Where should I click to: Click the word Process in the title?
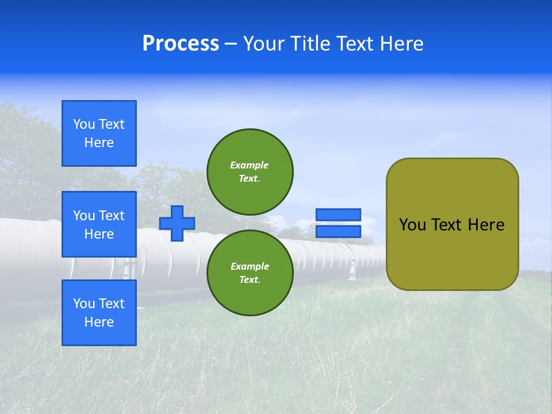pyautogui.click(x=181, y=44)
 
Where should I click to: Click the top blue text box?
pyautogui.click(x=99, y=133)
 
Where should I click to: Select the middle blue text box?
pyautogui.click(x=99, y=224)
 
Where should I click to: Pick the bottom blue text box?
pyautogui.click(x=99, y=313)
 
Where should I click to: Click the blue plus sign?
pyautogui.click(x=177, y=223)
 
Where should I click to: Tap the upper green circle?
pyautogui.click(x=250, y=171)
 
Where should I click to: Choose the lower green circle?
pyautogui.click(x=250, y=273)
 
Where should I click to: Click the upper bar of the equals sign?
pyautogui.click(x=338, y=214)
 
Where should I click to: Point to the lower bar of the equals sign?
pyautogui.click(x=338, y=232)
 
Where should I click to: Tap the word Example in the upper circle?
pyautogui.click(x=250, y=165)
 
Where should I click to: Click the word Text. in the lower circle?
pyautogui.click(x=250, y=280)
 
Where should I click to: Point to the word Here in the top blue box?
pyautogui.click(x=99, y=143)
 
